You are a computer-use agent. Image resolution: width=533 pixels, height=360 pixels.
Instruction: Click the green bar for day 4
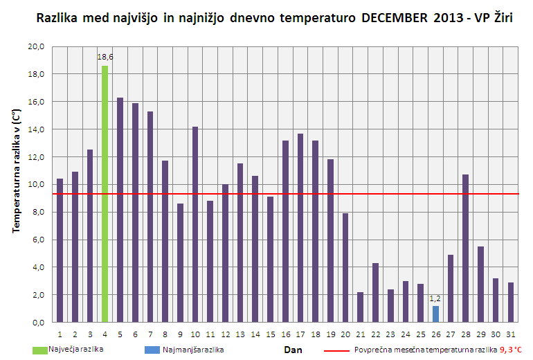(x=105, y=194)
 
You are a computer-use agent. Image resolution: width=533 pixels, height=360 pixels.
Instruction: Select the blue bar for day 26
(x=435, y=314)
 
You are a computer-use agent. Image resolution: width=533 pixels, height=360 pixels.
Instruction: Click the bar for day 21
(x=360, y=307)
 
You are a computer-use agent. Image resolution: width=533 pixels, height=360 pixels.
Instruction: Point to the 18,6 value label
(x=105, y=57)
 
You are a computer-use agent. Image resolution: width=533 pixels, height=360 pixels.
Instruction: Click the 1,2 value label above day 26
(x=435, y=298)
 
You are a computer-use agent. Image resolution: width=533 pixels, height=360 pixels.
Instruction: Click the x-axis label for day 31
(x=510, y=335)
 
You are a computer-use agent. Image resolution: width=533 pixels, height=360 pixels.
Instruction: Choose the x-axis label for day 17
(x=300, y=335)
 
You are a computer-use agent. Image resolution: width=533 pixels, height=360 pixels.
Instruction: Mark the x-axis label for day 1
(x=60, y=335)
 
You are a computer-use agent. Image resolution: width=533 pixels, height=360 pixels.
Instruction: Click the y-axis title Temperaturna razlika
(x=15, y=183)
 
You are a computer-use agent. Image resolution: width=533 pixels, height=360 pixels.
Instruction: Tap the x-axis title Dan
(x=293, y=350)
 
